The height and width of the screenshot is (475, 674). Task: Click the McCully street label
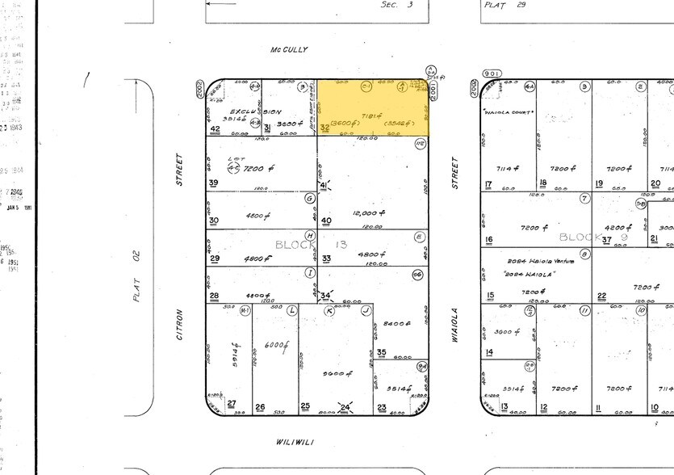point(289,50)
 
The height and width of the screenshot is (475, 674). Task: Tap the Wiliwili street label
point(293,441)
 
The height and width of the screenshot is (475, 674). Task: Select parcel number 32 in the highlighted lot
point(324,128)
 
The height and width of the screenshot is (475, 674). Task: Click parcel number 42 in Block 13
point(215,128)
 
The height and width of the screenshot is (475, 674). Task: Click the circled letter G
point(309,198)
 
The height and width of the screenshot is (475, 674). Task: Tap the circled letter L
point(291,309)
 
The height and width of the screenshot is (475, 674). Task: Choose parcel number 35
point(381,352)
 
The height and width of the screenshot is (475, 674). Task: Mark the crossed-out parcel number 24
point(345,406)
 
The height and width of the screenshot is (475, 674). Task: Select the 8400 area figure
point(393,323)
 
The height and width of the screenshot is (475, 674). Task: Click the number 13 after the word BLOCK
point(341,244)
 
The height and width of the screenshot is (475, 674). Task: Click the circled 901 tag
point(492,74)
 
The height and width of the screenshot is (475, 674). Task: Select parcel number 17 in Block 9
point(489,184)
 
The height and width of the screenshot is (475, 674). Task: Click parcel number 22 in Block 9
point(601,296)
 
